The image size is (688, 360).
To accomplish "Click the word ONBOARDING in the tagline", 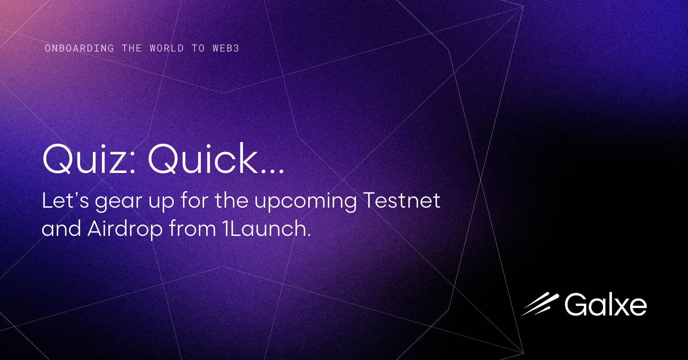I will click(x=79, y=48).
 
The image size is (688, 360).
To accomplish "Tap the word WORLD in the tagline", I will click(x=166, y=48).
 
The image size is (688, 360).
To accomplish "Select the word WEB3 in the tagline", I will click(x=226, y=48).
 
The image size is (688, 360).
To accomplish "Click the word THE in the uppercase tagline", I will click(x=131, y=48).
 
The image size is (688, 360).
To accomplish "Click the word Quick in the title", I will click(x=203, y=159).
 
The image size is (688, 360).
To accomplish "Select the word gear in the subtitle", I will click(x=118, y=202).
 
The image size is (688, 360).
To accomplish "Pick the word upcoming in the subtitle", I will click(x=305, y=202).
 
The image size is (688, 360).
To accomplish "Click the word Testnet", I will click(x=401, y=200).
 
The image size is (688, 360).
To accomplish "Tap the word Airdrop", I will click(x=125, y=229).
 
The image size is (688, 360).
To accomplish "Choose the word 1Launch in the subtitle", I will click(x=266, y=229).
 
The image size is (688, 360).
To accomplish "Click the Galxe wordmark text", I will click(x=605, y=305).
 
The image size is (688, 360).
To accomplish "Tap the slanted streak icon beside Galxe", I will click(x=540, y=304).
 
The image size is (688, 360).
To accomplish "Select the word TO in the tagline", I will click(x=198, y=48).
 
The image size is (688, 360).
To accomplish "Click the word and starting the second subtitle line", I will click(x=61, y=229).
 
